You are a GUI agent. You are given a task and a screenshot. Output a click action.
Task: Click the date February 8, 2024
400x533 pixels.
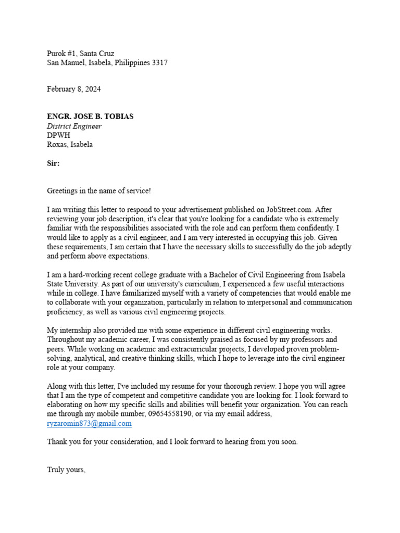74,89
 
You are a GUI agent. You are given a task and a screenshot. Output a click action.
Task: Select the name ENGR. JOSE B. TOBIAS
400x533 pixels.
90,117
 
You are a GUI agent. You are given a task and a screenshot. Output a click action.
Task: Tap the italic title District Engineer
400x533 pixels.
74,126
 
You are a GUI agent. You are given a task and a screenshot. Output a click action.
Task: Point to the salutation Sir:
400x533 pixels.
53,163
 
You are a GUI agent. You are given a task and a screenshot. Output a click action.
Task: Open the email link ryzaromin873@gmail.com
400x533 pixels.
89,424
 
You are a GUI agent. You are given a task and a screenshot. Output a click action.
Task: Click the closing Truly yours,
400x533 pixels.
66,469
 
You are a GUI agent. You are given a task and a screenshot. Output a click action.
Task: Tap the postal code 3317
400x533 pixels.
159,63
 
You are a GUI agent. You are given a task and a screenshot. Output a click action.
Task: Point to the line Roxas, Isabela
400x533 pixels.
70,145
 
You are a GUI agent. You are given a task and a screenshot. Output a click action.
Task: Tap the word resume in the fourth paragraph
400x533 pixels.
196,386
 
